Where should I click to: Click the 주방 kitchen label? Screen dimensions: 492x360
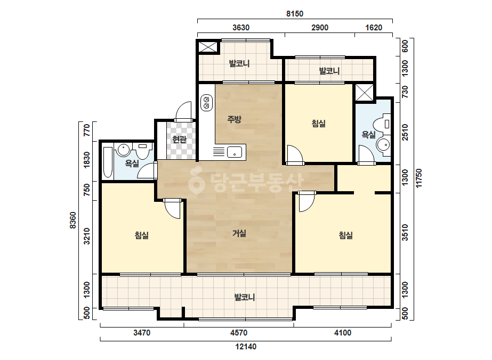click(x=234, y=119)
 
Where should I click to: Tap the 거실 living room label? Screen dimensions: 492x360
click(x=239, y=233)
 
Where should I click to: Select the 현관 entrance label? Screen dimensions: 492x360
click(x=179, y=139)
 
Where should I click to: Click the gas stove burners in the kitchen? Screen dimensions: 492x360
click(x=206, y=103)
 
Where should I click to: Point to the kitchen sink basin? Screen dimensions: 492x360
click(x=235, y=152)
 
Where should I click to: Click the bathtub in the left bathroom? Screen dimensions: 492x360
click(x=108, y=162)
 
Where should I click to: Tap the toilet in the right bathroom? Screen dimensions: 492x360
click(x=385, y=124)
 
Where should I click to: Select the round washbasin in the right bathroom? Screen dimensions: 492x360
click(x=383, y=145)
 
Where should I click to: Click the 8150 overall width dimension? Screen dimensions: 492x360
click(x=295, y=14)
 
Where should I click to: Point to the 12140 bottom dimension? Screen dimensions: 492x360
click(x=246, y=347)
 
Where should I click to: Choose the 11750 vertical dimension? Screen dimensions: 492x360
click(x=419, y=178)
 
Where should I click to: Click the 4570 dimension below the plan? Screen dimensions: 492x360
click(x=239, y=333)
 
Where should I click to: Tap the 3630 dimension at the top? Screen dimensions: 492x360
click(x=241, y=28)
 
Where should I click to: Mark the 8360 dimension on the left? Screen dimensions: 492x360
click(x=73, y=220)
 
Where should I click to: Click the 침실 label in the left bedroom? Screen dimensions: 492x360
click(x=141, y=235)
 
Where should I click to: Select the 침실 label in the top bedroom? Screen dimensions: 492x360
click(x=318, y=123)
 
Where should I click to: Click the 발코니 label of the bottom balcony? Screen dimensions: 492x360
click(x=245, y=297)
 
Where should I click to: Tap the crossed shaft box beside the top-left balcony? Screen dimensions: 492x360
click(x=208, y=47)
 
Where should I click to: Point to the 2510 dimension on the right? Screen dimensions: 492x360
click(x=405, y=132)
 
